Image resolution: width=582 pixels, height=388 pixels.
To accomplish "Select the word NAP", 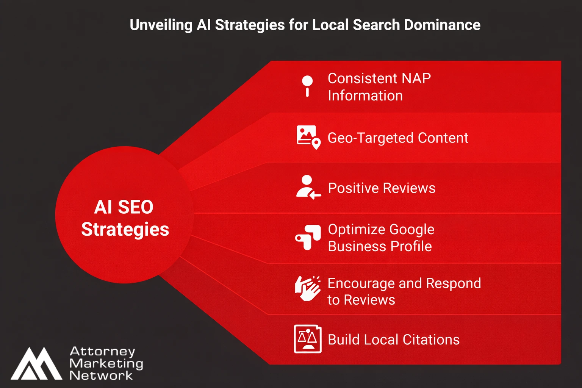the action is pyautogui.click(x=416, y=78).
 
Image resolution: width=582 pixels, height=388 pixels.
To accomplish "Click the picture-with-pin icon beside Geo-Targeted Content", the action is pyautogui.click(x=308, y=137).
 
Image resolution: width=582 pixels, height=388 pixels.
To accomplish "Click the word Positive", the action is pyautogui.click(x=353, y=188).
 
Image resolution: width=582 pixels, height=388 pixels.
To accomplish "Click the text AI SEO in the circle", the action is pyautogui.click(x=124, y=207).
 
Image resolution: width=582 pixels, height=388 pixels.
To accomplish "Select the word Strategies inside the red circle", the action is pyautogui.click(x=125, y=230).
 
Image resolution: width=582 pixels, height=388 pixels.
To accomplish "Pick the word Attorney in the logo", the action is pyautogui.click(x=102, y=352).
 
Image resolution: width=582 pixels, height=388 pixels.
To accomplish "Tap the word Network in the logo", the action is pyautogui.click(x=101, y=375).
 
